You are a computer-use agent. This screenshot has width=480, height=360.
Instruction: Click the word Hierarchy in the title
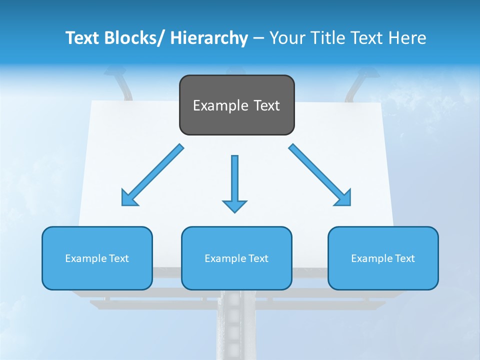(209, 38)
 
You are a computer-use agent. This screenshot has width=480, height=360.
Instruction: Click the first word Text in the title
(82, 38)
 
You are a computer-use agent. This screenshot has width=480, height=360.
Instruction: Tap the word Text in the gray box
(266, 106)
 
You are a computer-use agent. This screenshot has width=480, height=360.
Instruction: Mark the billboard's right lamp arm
(357, 85)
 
